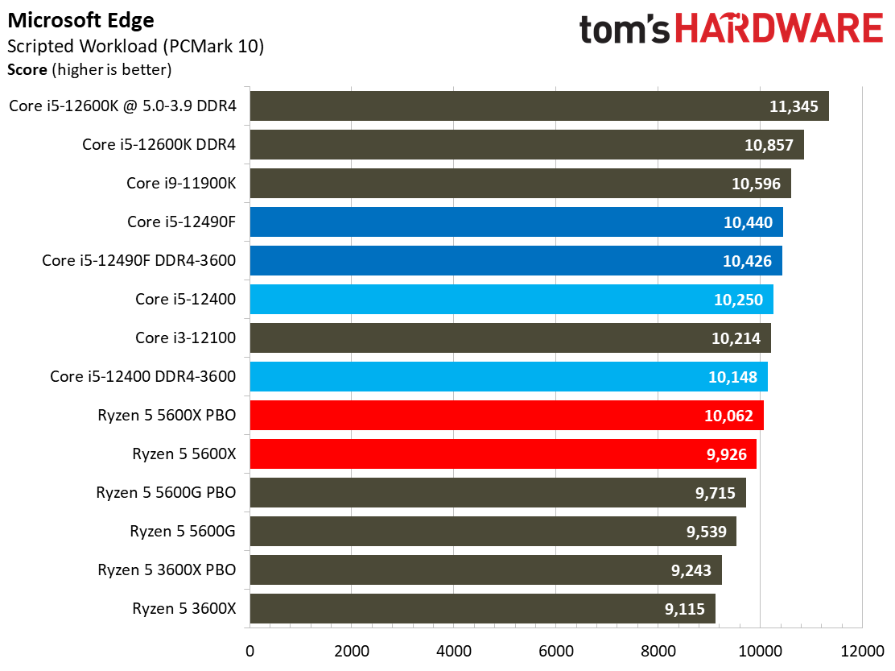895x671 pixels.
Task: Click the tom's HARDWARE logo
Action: coord(731,30)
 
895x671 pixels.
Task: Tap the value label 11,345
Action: coord(792,106)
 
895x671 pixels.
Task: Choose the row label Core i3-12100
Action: coord(185,338)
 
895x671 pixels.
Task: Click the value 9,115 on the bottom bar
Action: coord(688,609)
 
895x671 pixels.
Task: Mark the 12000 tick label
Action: coord(862,650)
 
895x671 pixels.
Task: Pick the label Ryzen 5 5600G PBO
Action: coord(166,492)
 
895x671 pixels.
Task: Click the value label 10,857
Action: coord(769,145)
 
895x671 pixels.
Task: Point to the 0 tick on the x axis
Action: coord(250,650)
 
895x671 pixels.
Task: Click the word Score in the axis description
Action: coord(27,70)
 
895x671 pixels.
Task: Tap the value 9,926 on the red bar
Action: coord(729,454)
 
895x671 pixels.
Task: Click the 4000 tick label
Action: coord(454,650)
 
